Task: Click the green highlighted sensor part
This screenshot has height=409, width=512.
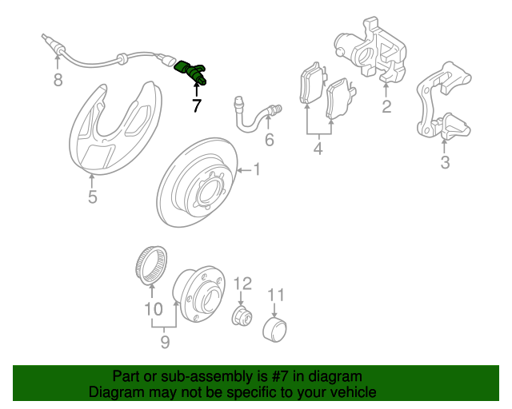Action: pyautogui.click(x=190, y=72)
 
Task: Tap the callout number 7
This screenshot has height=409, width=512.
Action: pyautogui.click(x=197, y=105)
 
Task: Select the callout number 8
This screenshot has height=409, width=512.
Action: pyautogui.click(x=58, y=80)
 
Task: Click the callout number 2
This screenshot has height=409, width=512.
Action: pyautogui.click(x=386, y=106)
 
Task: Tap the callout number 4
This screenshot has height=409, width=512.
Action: pyautogui.click(x=318, y=149)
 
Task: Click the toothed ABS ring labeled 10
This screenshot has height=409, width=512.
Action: pyautogui.click(x=151, y=265)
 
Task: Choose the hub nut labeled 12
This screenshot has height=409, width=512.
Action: pyautogui.click(x=242, y=316)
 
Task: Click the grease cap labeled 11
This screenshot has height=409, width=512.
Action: pyautogui.click(x=274, y=329)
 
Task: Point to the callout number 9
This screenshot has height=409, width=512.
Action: pyautogui.click(x=166, y=342)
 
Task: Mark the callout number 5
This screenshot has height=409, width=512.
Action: pyautogui.click(x=93, y=197)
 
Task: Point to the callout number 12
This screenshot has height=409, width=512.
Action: pyautogui.click(x=243, y=284)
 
